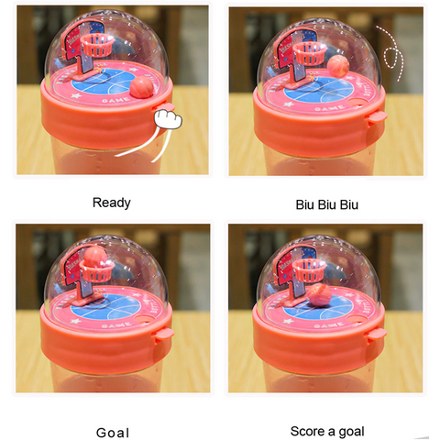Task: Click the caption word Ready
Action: point(112,203)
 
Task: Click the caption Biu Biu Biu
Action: point(326,204)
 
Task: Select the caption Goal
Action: point(113,433)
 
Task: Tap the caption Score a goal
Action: point(327,432)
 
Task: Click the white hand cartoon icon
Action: point(168,119)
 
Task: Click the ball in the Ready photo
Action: point(141,87)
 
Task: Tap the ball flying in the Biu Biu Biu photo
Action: point(338,66)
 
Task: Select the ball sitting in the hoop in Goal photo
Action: point(95,257)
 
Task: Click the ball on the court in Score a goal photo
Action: point(318,294)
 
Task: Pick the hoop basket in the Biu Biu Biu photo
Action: point(309,54)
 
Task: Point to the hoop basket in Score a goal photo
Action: point(310,270)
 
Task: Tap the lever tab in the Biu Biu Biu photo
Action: point(377,118)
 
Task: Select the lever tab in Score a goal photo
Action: point(377,334)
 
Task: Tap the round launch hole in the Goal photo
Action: point(144,319)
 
